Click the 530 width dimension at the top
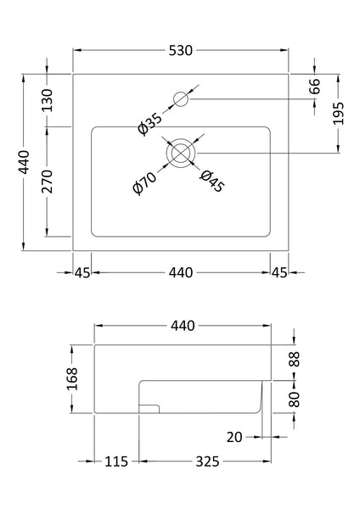181,50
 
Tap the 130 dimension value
48,100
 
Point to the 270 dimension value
48,182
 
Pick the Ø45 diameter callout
211,181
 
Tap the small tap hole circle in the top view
180,99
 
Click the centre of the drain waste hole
181,153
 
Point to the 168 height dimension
72,378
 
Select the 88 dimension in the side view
294,359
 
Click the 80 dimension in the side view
294,398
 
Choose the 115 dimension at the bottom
116,461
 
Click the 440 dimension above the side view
182,325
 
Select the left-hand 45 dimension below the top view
82,272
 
